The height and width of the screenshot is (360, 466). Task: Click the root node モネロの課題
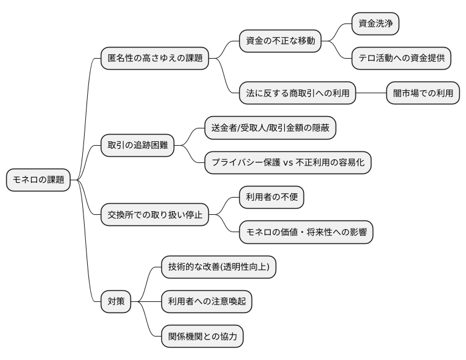click(38, 180)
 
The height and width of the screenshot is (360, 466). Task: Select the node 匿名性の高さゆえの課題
click(155, 59)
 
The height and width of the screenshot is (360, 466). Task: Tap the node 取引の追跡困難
click(137, 146)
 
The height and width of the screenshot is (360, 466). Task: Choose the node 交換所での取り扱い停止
click(155, 215)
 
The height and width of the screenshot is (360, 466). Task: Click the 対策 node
click(116, 302)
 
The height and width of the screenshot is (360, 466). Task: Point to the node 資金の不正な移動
click(281, 41)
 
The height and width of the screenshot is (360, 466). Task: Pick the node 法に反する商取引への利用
click(298, 94)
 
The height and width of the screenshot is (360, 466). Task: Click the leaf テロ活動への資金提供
click(401, 59)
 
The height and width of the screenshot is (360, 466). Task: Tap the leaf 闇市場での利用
click(423, 94)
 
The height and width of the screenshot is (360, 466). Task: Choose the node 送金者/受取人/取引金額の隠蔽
click(271, 128)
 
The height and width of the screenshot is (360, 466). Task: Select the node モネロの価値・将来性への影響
click(306, 232)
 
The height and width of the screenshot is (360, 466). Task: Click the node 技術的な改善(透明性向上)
click(218, 267)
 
